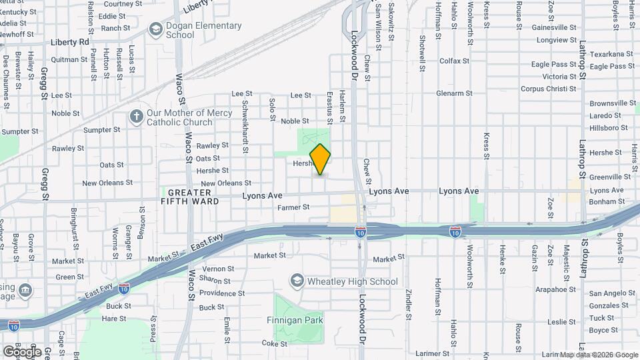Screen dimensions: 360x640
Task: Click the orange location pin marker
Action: pos(320,159)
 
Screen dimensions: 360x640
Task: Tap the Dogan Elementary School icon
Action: pos(155,29)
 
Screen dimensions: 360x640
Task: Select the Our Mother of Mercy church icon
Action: pos(136,117)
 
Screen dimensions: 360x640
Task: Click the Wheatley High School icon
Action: pos(297,281)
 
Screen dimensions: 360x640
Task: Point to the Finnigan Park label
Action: pos(295,320)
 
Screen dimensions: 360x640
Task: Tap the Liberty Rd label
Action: pos(70,41)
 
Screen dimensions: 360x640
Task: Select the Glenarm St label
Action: pos(454,93)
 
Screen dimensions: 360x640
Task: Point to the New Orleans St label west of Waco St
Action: pos(103,183)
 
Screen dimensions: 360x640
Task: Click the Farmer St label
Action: pos(293,207)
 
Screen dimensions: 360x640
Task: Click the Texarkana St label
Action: pos(611,53)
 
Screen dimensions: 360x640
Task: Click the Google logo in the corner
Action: pos(21,351)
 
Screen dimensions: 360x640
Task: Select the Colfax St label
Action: pos(455,61)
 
